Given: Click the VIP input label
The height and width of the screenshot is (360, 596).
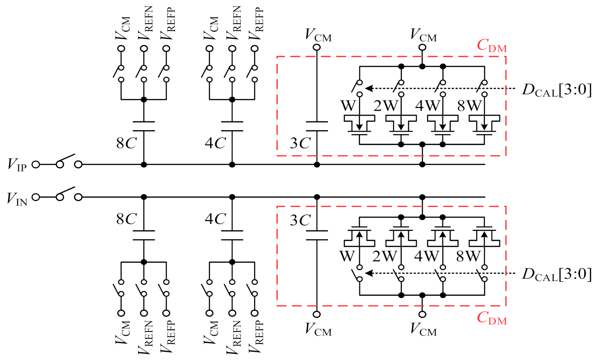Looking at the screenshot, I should (17, 165).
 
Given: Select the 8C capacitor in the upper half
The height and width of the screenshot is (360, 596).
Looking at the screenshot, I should (144, 126).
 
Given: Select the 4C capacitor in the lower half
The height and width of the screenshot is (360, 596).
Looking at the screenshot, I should (232, 235).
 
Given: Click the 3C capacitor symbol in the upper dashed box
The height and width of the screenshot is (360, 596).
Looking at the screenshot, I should (317, 126).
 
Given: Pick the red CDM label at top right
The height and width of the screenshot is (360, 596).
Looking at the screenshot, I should (491, 46).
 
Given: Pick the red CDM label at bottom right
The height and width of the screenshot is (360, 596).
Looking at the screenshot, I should (491, 318).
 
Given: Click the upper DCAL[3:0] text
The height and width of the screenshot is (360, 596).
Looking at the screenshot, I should (556, 90).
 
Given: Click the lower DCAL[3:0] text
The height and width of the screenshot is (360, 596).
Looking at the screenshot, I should (556, 274).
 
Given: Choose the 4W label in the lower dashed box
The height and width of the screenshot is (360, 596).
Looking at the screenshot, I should (427, 256).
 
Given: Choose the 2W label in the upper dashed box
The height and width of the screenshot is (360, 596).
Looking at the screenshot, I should (385, 106).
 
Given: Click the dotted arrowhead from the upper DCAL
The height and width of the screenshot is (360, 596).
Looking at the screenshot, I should (368, 88).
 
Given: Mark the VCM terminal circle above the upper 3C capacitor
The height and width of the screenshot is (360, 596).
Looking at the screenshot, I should (317, 47).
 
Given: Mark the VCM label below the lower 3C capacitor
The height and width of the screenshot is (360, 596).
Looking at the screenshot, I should (318, 329).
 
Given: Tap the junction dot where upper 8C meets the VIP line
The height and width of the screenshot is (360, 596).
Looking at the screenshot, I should (144, 165).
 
